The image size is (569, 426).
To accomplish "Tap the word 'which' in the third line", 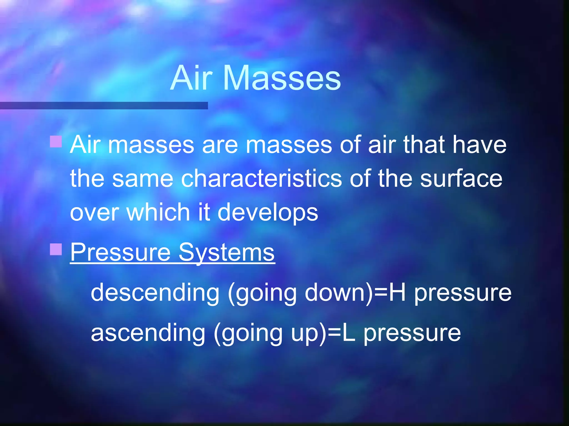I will coord(158,212).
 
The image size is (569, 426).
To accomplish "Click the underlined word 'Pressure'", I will coord(120,252).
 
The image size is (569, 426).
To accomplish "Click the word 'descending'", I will coord(155,292).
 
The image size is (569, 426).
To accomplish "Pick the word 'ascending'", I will coord(148,333).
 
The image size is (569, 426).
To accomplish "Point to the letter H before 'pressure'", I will coord(397,292).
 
